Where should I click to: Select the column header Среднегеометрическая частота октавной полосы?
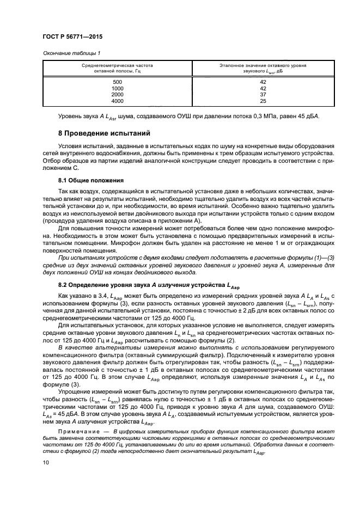click(118, 68)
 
